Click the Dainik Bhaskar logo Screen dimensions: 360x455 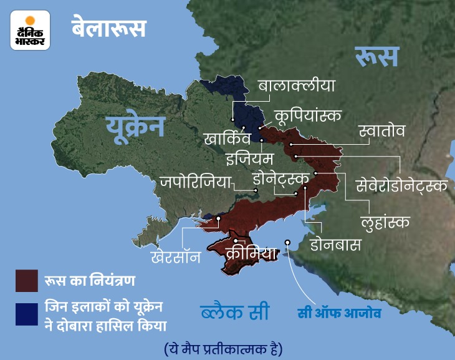30,31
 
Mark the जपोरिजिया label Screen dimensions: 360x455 195,182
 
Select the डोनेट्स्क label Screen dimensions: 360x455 281,180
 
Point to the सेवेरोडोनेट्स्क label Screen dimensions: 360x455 401,185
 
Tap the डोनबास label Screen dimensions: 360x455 336,245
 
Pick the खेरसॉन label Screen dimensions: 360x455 175,256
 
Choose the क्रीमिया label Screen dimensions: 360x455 251,253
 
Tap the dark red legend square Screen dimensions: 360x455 27,280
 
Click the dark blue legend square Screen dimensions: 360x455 27,316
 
